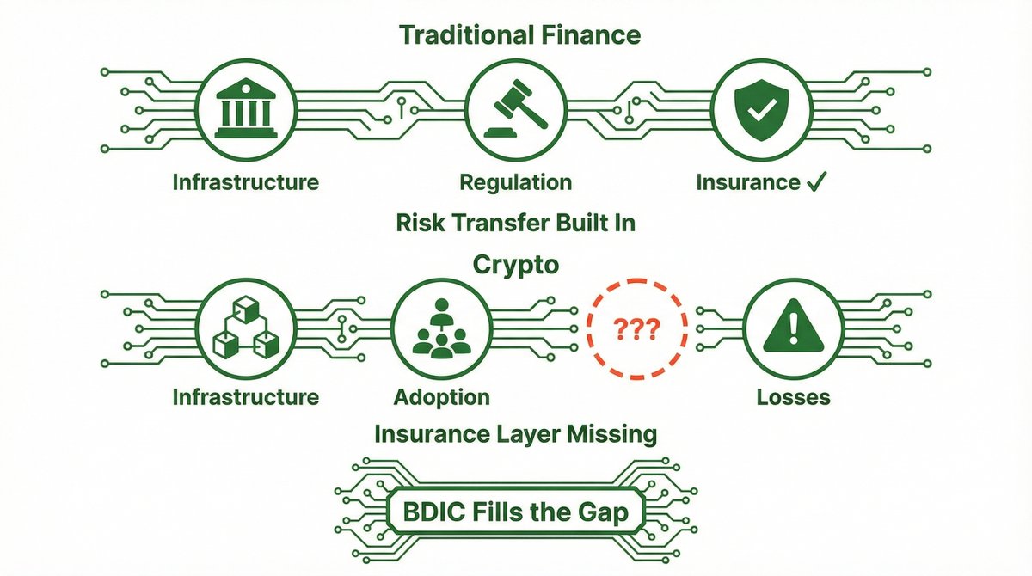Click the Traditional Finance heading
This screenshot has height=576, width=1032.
coord(519,35)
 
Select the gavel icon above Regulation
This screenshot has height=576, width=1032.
coord(515,108)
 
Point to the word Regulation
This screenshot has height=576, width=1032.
coord(515,182)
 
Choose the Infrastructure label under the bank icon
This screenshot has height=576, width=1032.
coord(245,182)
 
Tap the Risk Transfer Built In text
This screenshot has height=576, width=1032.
coord(516,223)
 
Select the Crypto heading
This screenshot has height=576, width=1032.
coord(516,265)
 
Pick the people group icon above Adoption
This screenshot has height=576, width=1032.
coord(442,328)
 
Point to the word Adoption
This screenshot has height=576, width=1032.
coord(442,397)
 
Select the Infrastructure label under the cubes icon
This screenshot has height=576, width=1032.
coord(245,397)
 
